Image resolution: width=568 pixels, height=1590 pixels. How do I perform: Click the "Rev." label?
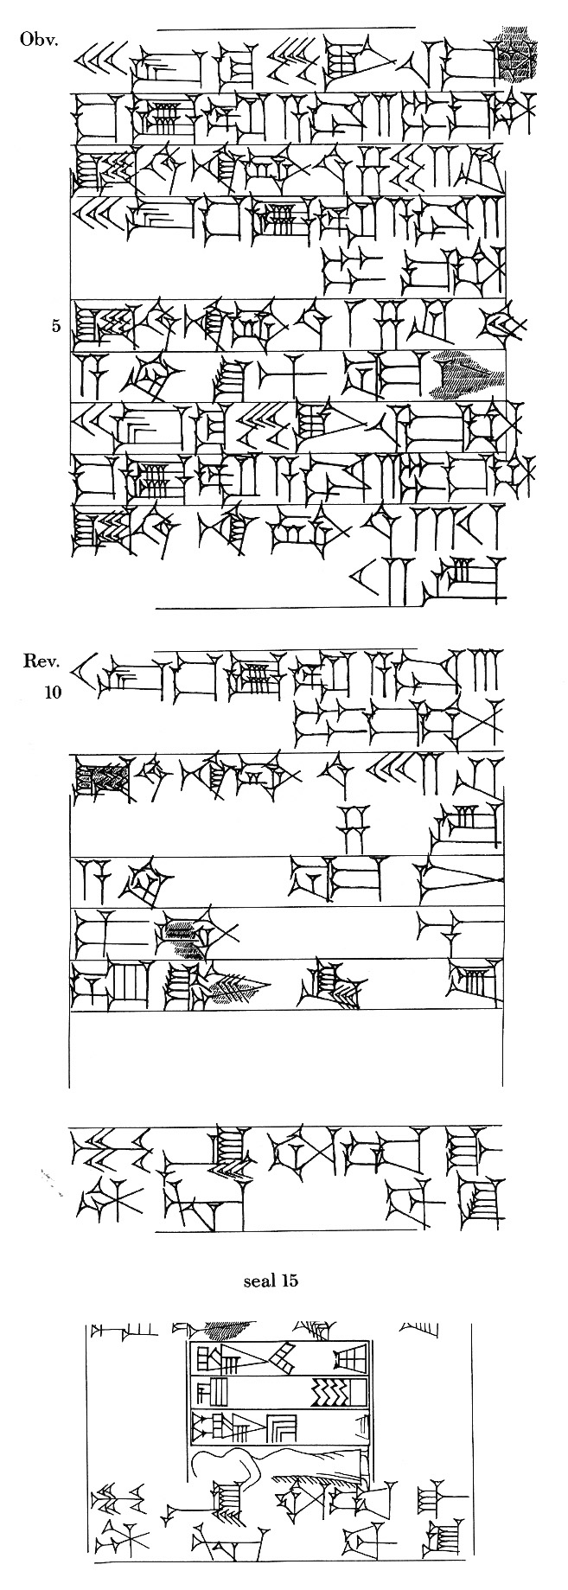click(41, 663)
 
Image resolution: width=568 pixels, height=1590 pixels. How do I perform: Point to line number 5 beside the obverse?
click(56, 327)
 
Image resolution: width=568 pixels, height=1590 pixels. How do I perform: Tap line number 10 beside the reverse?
click(49, 693)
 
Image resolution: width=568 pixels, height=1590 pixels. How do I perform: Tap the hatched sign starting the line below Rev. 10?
click(101, 777)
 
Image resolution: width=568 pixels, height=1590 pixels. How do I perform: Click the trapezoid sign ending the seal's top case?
click(350, 1365)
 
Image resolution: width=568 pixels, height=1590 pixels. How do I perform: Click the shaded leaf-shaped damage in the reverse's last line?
click(231, 987)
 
